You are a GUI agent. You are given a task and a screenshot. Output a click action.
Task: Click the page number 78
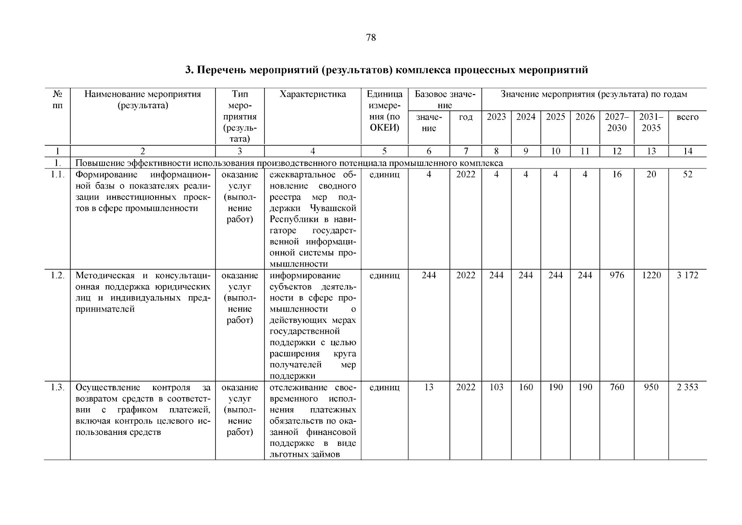point(370,38)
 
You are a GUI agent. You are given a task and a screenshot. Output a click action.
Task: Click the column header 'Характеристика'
point(313,94)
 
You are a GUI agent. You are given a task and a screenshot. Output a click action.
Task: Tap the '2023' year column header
point(496,117)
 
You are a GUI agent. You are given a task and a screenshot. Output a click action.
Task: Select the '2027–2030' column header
point(617,122)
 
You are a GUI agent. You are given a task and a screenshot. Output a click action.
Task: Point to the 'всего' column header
point(687,117)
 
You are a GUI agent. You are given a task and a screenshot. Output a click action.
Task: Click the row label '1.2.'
point(57,275)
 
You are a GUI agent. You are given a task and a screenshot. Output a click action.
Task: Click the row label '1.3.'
point(57,387)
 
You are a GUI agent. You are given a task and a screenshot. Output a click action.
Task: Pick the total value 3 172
point(687,275)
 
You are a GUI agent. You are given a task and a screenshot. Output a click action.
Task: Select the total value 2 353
point(687,387)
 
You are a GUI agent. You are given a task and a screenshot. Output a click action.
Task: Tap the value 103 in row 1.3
point(496,387)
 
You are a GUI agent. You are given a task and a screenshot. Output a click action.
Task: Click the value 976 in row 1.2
point(617,275)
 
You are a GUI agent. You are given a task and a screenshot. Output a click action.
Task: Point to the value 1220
point(651,275)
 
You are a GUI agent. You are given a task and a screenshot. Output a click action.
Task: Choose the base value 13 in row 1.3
point(428,387)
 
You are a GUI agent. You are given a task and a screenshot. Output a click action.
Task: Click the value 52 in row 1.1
point(687,174)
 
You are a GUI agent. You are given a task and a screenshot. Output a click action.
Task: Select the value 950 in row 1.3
point(651,387)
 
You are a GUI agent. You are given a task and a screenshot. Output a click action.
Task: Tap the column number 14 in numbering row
point(687,151)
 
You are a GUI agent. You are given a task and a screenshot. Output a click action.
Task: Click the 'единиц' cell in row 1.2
point(384,275)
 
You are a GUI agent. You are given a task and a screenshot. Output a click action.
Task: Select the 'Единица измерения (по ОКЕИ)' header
point(384,111)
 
